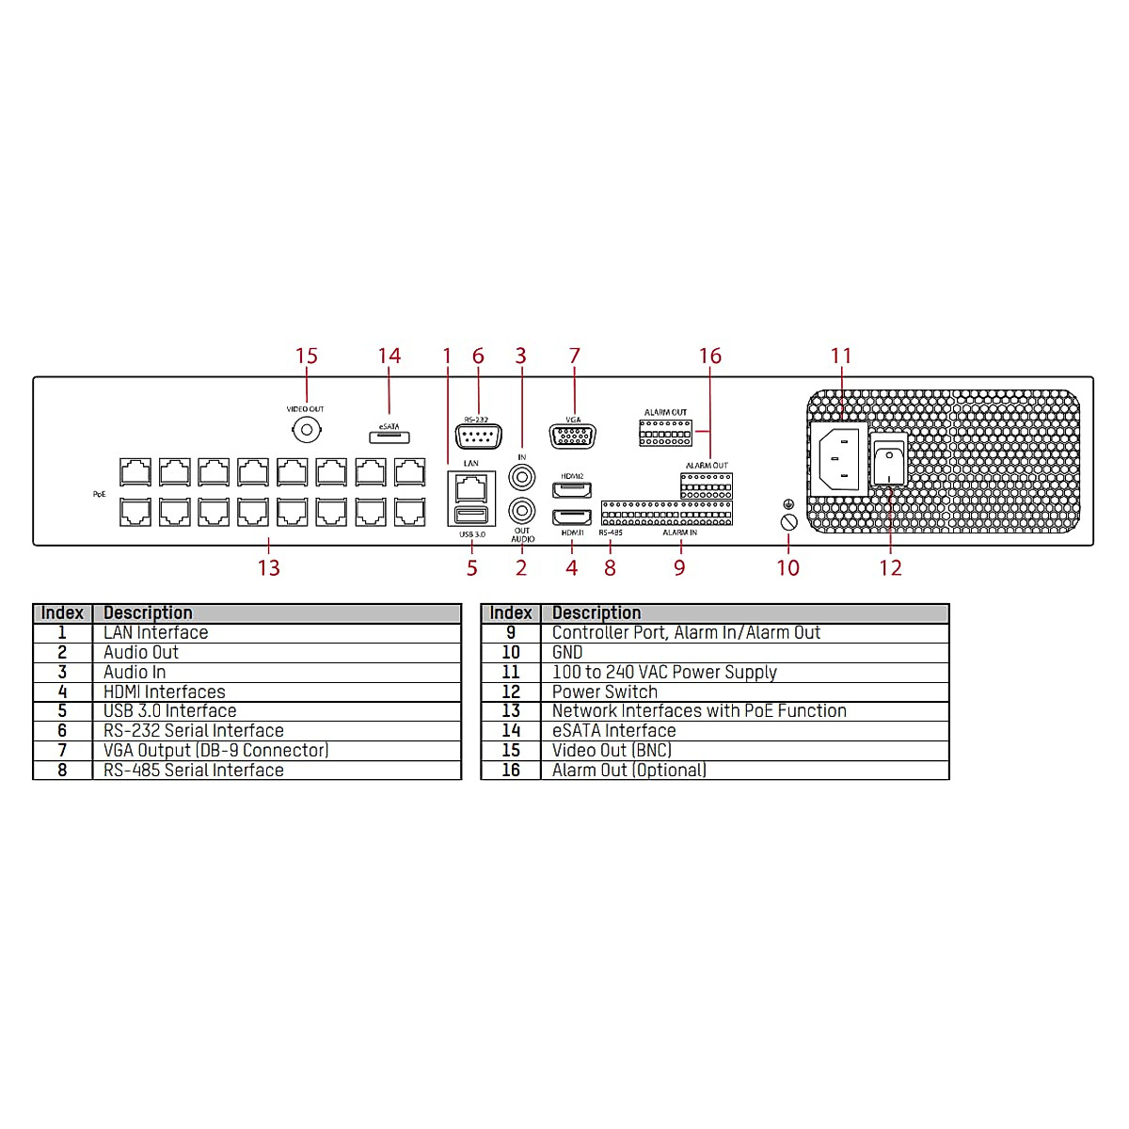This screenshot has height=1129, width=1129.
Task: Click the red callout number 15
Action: click(x=307, y=357)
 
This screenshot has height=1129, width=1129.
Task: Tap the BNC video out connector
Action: click(x=306, y=431)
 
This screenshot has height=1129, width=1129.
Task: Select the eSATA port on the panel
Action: click(x=389, y=437)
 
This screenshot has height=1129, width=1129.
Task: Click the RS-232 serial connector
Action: click(x=478, y=437)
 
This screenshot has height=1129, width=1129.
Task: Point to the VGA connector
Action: click(x=573, y=437)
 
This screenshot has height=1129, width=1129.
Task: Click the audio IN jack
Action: click(x=522, y=477)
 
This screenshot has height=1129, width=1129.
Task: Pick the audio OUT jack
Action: click(x=522, y=511)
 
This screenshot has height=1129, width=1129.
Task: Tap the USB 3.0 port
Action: click(x=471, y=515)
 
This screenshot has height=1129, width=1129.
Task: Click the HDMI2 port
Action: click(x=572, y=490)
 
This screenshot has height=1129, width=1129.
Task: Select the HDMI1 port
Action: click(x=572, y=517)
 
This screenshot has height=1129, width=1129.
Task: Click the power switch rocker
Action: click(x=889, y=464)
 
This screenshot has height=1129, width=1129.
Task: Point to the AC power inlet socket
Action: click(x=839, y=457)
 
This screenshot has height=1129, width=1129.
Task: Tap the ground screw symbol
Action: click(x=789, y=521)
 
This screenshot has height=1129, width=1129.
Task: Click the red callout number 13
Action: click(x=269, y=568)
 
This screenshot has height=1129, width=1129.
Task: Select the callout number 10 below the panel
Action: click(x=788, y=568)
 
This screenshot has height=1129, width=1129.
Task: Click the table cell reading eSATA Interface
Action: click(x=613, y=731)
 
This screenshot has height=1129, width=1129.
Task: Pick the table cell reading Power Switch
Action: click(x=605, y=692)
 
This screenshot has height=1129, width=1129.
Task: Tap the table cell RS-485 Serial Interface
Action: click(x=193, y=771)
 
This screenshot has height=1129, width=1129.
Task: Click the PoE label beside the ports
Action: click(x=100, y=494)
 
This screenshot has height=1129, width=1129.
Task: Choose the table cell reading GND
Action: click(x=567, y=653)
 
